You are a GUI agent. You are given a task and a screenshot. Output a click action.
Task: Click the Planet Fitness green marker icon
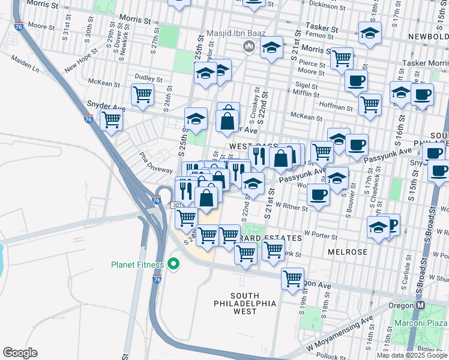(x=173, y=263)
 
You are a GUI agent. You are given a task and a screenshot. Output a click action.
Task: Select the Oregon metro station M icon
(x=420, y=305)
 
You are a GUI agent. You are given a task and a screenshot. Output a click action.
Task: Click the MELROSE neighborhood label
(x=348, y=252)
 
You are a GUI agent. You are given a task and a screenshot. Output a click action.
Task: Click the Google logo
(x=20, y=352)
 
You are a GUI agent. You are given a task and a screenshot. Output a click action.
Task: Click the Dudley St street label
(x=149, y=79)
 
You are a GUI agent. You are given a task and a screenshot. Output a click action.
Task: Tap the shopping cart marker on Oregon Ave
(x=292, y=278)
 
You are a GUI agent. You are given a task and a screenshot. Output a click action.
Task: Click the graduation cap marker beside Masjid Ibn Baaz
(x=271, y=47)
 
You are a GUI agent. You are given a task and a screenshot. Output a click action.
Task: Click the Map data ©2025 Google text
(x=412, y=355)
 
